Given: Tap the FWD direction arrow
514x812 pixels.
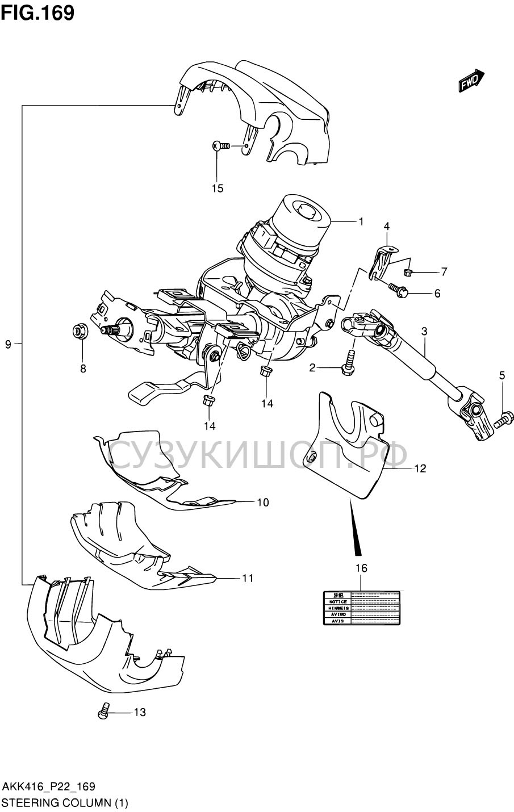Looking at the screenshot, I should click(471, 81).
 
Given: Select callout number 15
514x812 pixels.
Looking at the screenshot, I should click(218, 188).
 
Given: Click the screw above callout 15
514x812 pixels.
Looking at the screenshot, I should click(220, 146).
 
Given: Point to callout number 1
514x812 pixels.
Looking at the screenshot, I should click(360, 221).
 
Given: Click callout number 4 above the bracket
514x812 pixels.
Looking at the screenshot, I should click(386, 226).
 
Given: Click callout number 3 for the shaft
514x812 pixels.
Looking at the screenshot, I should click(424, 330).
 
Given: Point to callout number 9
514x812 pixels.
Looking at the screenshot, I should click(8, 344).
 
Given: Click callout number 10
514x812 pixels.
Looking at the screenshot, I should click(262, 502).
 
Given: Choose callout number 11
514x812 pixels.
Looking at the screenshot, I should click(246, 578).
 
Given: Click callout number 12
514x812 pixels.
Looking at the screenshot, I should click(420, 468).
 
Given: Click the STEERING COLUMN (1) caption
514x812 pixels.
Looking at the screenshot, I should click(66, 803).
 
